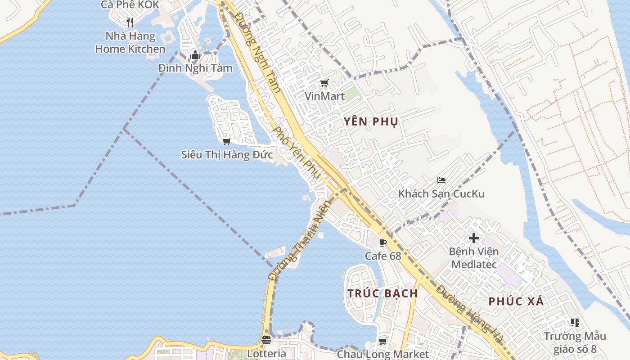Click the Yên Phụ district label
[371, 121]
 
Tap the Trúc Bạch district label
[382, 293]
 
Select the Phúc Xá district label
[516, 301]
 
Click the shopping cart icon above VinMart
[324, 83]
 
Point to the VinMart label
[324, 96]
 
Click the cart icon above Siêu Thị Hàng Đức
[226, 142]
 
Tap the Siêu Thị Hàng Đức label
[227, 155]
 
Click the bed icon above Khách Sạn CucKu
[441, 180]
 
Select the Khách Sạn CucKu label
[441, 194]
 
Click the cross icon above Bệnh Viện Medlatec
[473, 238]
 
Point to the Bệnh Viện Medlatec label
[473, 258]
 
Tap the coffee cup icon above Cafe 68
[383, 243]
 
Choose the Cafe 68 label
[383, 256]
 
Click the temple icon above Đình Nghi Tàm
[195, 55]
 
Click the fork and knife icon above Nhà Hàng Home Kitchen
[130, 22]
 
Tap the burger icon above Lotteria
[266, 340]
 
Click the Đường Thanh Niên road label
[299, 241]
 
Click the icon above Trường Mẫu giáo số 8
[575, 322]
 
